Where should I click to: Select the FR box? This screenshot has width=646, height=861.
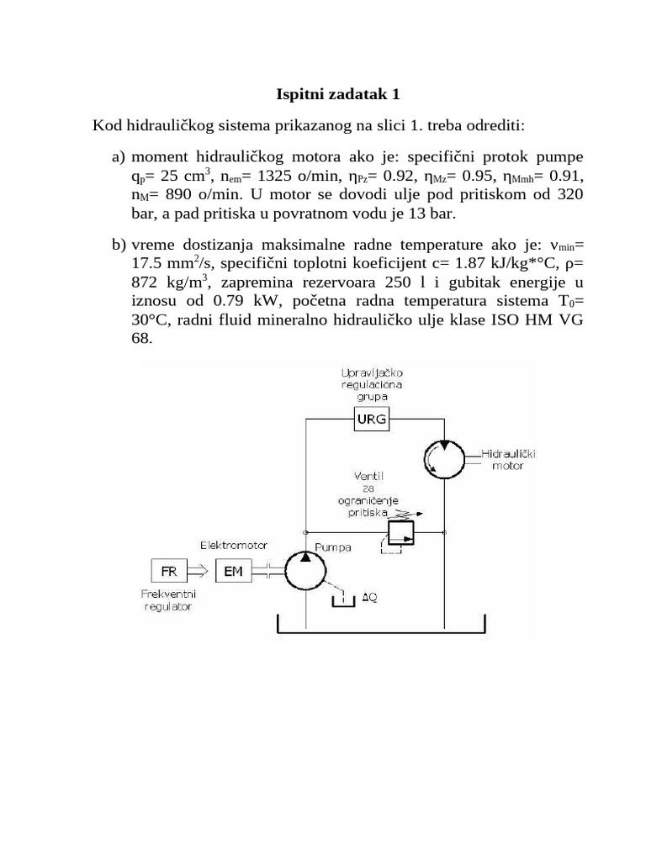pyautogui.click(x=168, y=571)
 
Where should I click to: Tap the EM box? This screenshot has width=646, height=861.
pyautogui.click(x=233, y=571)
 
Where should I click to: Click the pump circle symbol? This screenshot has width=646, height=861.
pyautogui.click(x=304, y=571)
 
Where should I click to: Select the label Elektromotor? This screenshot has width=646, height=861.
pyautogui.click(x=229, y=545)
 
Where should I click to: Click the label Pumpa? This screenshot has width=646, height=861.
pyautogui.click(x=333, y=547)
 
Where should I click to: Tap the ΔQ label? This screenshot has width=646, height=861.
pyautogui.click(x=369, y=598)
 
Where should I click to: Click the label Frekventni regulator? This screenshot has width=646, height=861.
pyautogui.click(x=167, y=600)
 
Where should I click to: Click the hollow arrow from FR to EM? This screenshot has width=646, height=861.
pyautogui.click(x=199, y=571)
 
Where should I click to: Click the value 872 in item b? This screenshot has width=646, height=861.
pyautogui.click(x=146, y=282)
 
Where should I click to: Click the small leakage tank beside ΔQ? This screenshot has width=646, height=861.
pyautogui.click(x=342, y=600)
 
